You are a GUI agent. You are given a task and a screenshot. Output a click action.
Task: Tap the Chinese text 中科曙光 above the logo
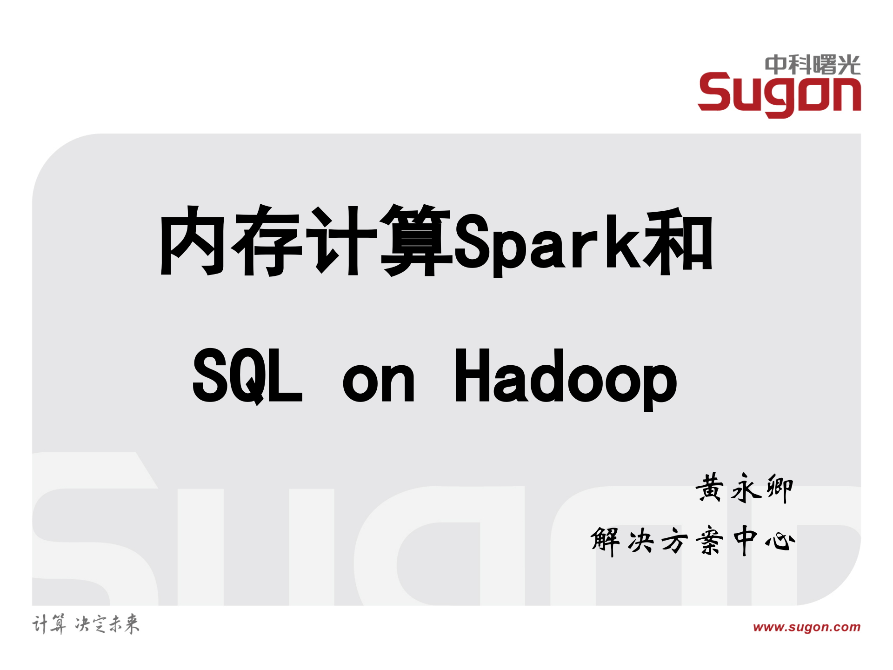pos(813,65)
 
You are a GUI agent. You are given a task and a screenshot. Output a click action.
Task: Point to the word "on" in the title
pos(378,382)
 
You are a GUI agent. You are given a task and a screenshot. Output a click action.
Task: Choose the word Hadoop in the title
pos(566,378)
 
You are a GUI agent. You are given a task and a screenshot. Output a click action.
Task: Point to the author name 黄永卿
pos(744,488)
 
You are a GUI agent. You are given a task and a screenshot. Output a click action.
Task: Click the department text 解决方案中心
pos(693,540)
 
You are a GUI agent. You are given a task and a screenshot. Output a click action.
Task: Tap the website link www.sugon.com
pos(806,627)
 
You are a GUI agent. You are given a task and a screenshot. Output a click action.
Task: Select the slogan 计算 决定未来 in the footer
pos(86,624)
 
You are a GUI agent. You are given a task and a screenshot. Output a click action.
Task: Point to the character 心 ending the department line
pos(780,541)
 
